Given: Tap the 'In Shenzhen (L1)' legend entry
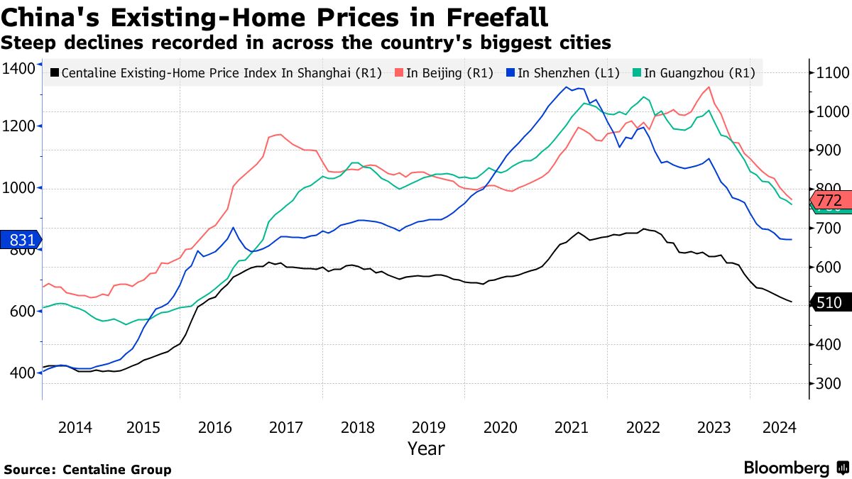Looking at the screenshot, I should (562, 72).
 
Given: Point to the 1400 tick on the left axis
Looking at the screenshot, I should (18, 68).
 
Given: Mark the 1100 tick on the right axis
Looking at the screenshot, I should (829, 73).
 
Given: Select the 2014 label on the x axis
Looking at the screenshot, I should (75, 427).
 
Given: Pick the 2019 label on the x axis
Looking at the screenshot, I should (429, 427).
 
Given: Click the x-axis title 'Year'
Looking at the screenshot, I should (426, 448).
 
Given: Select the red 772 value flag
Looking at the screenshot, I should (829, 200).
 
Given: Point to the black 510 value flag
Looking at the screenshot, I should (829, 303).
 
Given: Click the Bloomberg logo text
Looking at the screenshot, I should (786, 468).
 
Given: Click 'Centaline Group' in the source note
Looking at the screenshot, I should (117, 469).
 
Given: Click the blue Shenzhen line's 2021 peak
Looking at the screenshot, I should (567, 87).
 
